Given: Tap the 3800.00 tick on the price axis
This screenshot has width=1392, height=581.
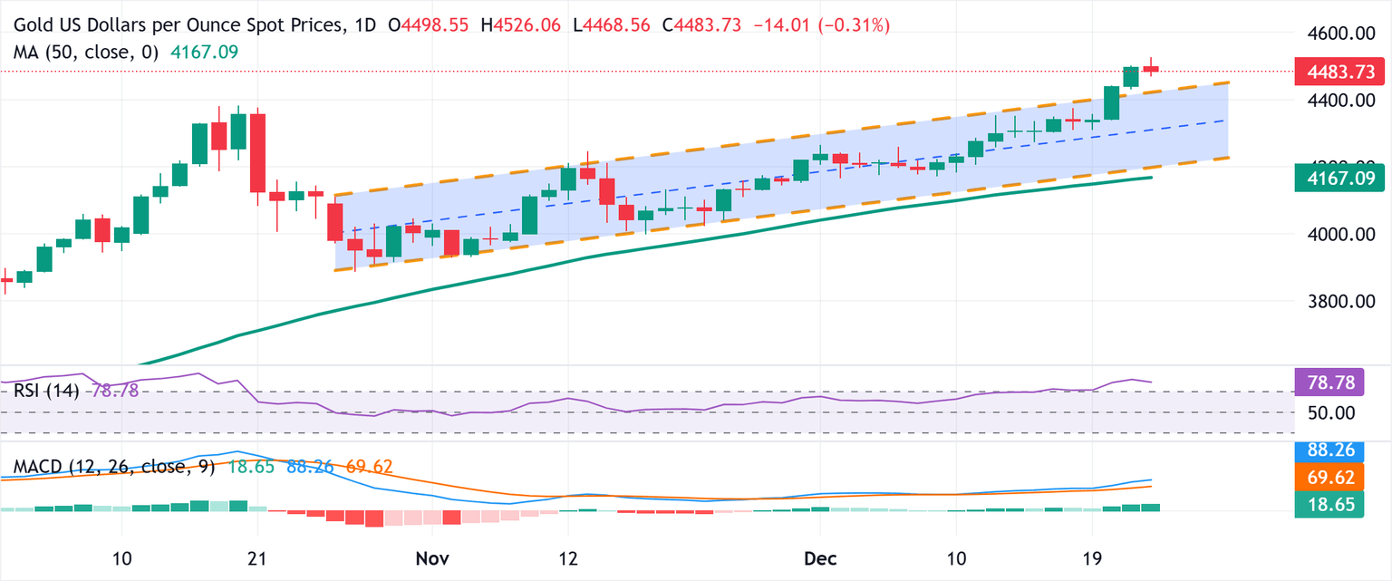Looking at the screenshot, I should [1330, 301].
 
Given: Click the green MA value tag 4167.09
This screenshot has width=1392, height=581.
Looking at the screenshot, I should [1339, 179].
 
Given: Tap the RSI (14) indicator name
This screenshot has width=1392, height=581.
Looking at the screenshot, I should [46, 391].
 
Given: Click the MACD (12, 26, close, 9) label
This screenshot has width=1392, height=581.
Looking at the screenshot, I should [114, 467].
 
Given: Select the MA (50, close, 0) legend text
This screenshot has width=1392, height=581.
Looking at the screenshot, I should [85, 53].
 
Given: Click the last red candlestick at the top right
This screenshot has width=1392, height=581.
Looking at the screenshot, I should [1151, 69].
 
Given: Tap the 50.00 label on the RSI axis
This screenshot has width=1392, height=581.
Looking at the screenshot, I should [1330, 412].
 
